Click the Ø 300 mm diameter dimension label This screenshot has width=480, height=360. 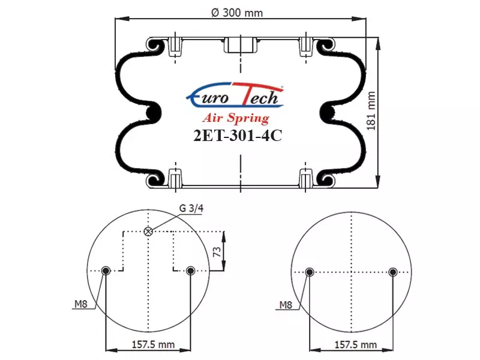pos(237,13)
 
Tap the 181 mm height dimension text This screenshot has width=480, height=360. pos(371,111)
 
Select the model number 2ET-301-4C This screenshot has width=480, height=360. pos(238,135)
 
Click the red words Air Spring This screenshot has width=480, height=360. pos(236,118)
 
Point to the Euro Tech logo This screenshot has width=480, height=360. pos(235,95)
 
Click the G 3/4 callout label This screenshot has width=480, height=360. pos(191,208)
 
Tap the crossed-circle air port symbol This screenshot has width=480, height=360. pos(148,232)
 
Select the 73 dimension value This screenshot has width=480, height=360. pos(217,252)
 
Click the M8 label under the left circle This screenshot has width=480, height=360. pos(81,304)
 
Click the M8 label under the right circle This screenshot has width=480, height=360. pos(286,305)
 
